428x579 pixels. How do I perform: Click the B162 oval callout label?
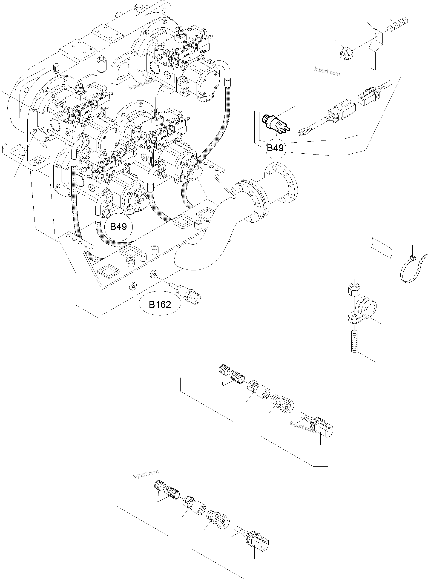tap(160, 304)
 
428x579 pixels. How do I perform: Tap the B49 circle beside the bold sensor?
tap(275, 148)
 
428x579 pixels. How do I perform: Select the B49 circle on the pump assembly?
tap(118, 227)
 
